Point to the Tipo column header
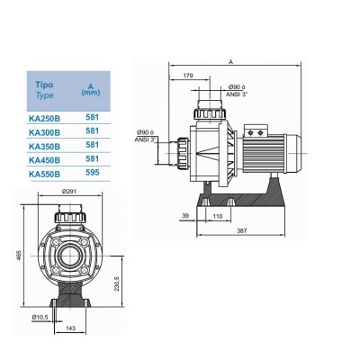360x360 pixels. pos(43,83)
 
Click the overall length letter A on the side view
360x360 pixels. pos(231,63)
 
